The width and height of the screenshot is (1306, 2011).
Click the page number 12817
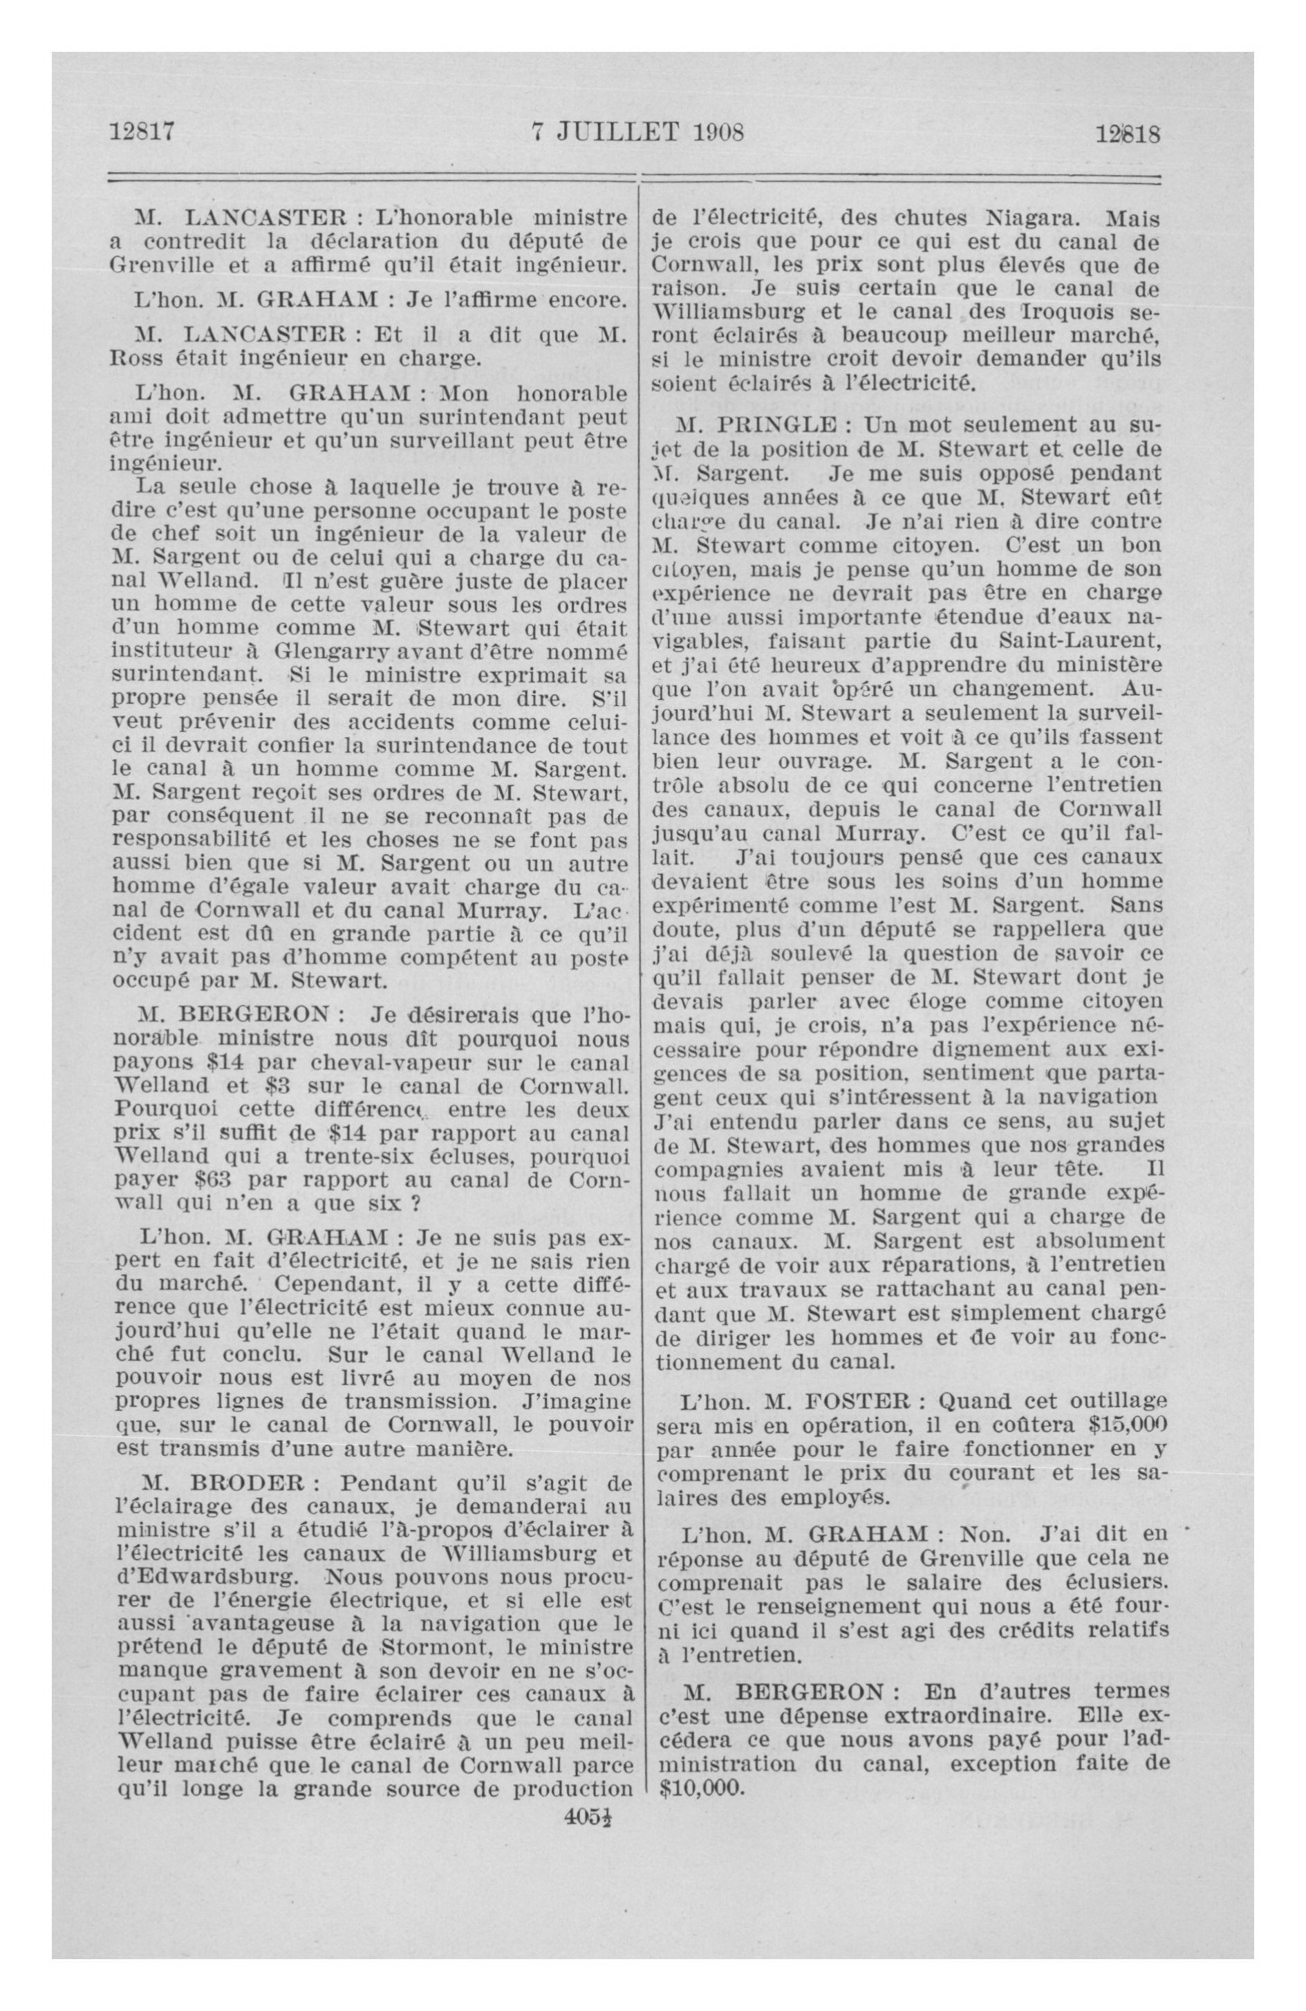tap(142, 133)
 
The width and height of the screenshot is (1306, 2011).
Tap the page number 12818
tap(1128, 134)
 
